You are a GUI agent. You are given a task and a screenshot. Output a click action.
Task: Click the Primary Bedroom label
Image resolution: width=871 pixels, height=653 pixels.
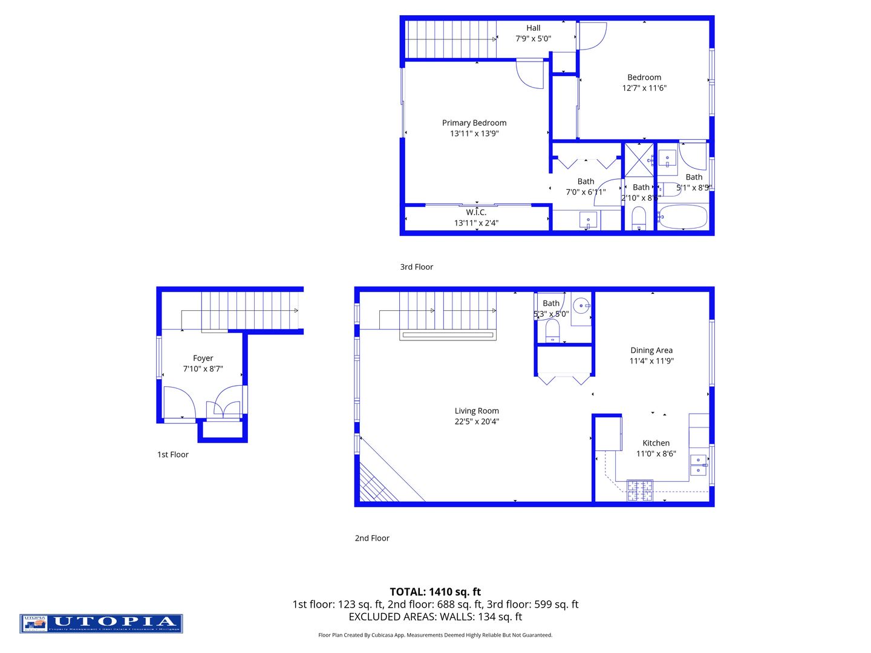click(474, 123)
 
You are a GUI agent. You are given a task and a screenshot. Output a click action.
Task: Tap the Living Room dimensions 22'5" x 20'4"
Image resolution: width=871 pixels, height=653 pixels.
click(477, 421)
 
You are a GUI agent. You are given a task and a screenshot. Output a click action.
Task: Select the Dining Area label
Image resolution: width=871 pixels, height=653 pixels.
click(651, 350)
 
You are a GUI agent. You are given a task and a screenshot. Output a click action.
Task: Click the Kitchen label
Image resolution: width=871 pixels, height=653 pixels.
click(656, 443)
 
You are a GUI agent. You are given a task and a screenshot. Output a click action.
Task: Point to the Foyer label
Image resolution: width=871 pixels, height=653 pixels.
click(203, 359)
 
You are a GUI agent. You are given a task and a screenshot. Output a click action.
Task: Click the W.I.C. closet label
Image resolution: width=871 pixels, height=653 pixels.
click(476, 212)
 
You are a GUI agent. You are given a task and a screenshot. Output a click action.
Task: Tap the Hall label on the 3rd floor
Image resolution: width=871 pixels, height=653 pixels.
click(533, 28)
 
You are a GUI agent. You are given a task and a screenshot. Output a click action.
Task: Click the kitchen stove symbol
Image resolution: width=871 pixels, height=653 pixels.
click(639, 490)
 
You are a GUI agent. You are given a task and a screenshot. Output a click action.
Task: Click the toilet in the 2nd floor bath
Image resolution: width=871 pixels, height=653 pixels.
click(552, 331)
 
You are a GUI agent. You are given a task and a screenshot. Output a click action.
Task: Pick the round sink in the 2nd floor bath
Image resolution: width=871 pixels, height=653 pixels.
click(581, 305)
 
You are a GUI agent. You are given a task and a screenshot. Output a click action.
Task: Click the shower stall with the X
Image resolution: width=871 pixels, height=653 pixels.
click(639, 160)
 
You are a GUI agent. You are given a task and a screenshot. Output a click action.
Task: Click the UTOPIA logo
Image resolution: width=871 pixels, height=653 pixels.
click(101, 623)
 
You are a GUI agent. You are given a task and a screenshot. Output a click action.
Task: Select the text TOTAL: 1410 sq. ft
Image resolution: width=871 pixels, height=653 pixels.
click(435, 592)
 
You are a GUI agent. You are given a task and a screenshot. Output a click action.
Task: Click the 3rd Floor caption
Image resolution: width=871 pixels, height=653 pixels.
click(417, 267)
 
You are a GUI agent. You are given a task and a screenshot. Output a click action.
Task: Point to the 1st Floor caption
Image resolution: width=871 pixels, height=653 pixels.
click(173, 455)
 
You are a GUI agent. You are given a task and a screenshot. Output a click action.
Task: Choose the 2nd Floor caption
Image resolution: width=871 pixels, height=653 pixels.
click(372, 538)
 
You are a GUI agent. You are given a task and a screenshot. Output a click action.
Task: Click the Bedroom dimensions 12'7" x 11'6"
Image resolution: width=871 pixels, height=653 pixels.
click(644, 88)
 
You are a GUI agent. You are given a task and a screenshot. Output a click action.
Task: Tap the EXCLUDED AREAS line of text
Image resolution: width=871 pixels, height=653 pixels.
click(435, 617)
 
